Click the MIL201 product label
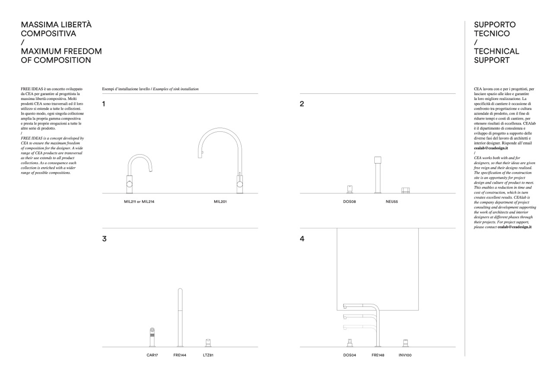tap(220, 201)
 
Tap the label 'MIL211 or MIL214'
tap(139, 201)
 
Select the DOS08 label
tap(349, 201)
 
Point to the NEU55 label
tap(392, 201)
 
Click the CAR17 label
tap(152, 355)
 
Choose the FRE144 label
tap(180, 355)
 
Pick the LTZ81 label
tap(208, 355)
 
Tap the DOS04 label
tap(350, 355)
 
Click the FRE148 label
tap(378, 355)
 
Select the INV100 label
tap(405, 355)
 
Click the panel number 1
tap(104, 104)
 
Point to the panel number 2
tap(302, 104)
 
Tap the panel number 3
tap(104, 239)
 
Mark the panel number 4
tap(302, 239)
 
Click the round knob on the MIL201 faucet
tap(239, 184)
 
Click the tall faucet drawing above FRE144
tap(180, 317)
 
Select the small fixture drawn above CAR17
tap(152, 337)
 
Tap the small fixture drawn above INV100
tap(405, 343)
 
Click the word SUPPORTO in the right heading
tap(495, 25)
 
